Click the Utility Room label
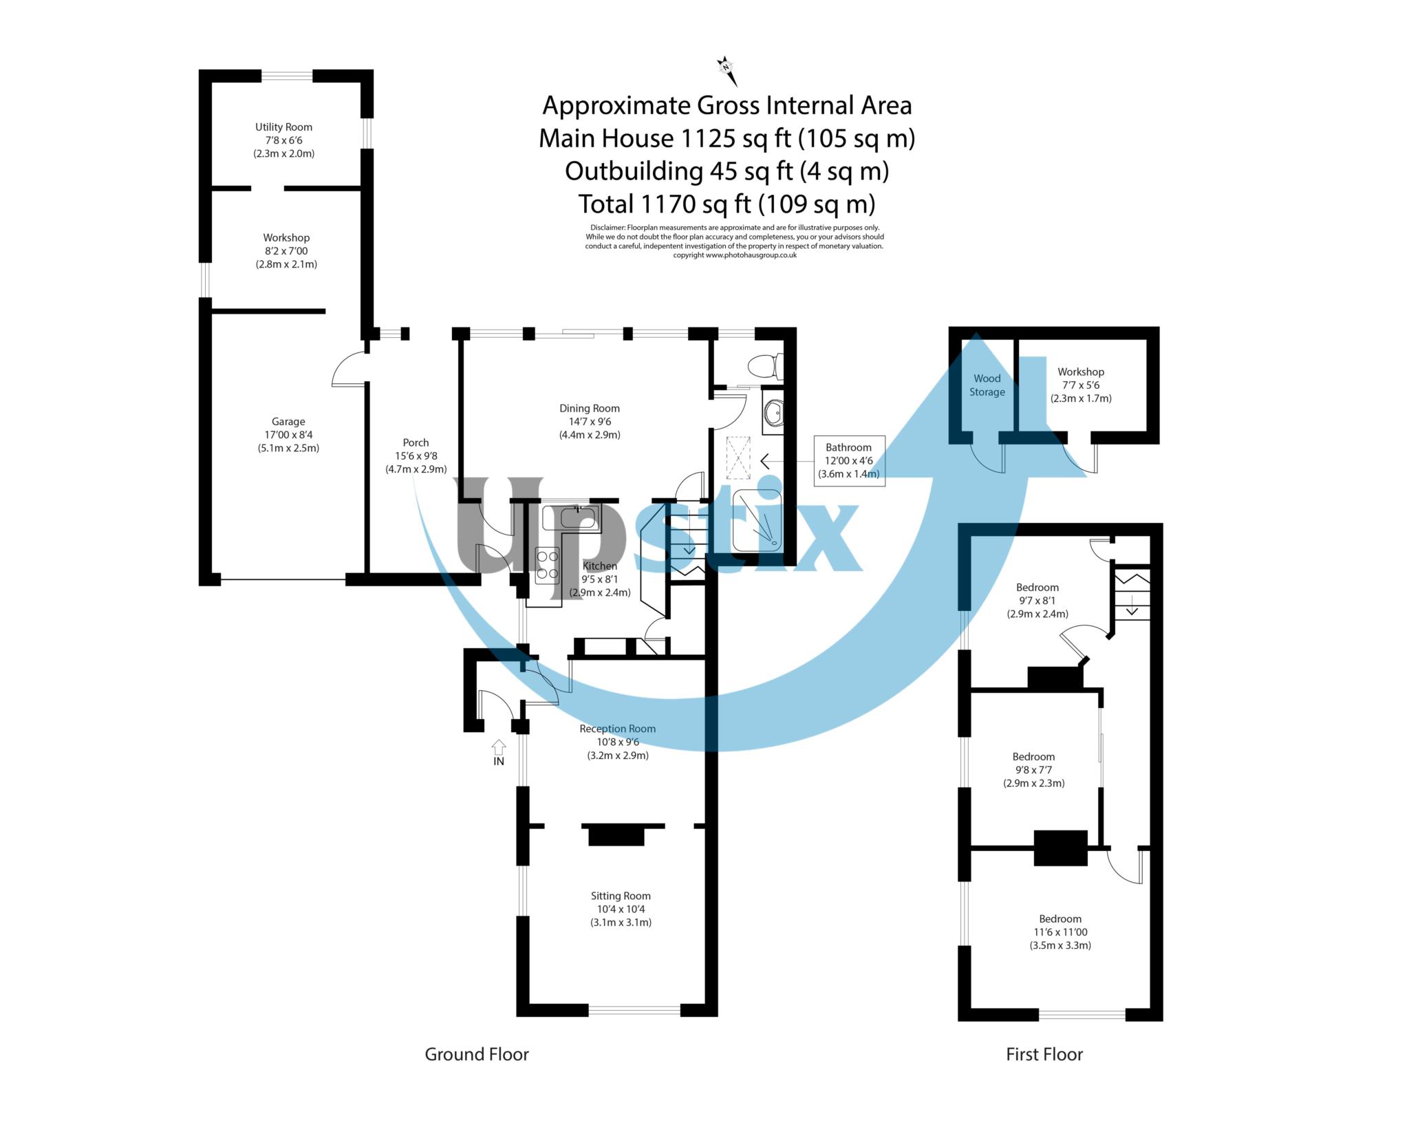[x=283, y=127]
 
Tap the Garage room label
[x=288, y=422]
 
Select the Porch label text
[x=416, y=443]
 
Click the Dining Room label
[x=590, y=409]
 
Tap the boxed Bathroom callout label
[x=849, y=461]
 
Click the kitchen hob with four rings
[x=548, y=566]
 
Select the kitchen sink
[x=571, y=518]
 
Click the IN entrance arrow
[x=499, y=748]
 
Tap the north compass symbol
[x=727, y=70]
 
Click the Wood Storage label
[x=987, y=385]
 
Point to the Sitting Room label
[x=621, y=896]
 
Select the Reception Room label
[x=618, y=729]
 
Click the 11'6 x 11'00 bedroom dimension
[x=1060, y=932]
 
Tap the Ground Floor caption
[x=477, y=1054]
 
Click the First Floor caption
[x=1044, y=1054]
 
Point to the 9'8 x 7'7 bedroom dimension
[x=1034, y=770]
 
